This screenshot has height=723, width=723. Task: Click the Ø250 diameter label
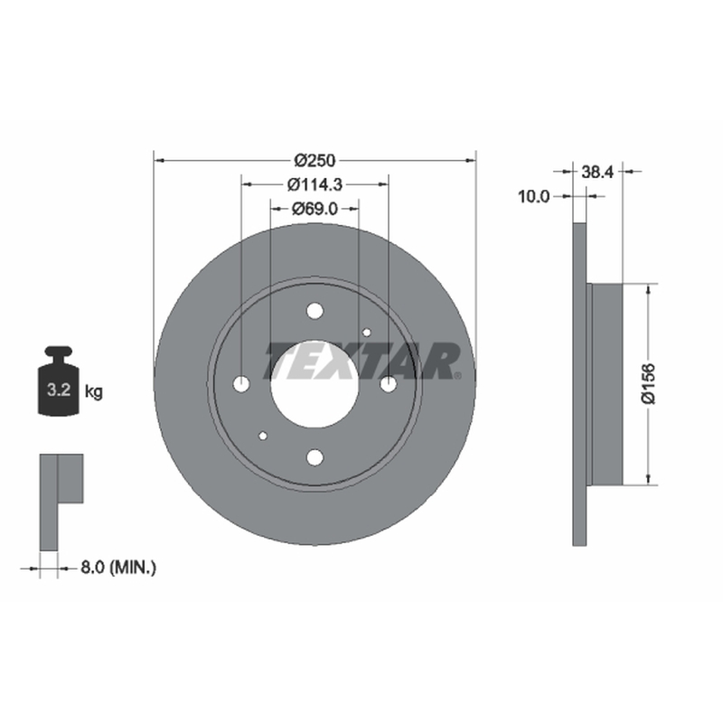click(x=315, y=161)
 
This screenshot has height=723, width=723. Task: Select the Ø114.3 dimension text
click(x=315, y=184)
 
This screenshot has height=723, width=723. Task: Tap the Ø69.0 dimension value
click(x=315, y=209)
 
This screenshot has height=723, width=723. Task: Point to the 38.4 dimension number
click(x=597, y=172)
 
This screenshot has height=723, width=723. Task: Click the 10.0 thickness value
click(x=534, y=197)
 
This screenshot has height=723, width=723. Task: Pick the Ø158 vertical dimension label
click(x=648, y=383)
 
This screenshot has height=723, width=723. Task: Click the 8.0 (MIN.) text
click(x=118, y=568)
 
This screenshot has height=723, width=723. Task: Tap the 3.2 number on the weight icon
click(x=59, y=390)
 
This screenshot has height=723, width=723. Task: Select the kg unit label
click(x=94, y=392)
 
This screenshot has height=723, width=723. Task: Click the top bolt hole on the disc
click(x=315, y=311)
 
